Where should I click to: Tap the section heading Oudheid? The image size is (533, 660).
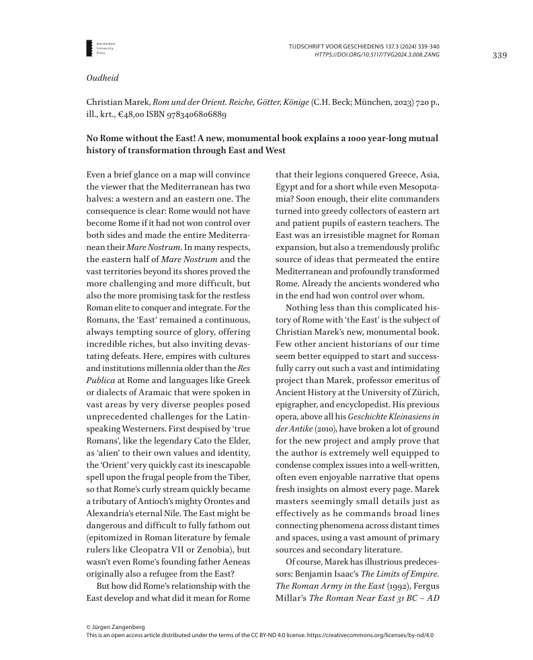[x=102, y=78]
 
